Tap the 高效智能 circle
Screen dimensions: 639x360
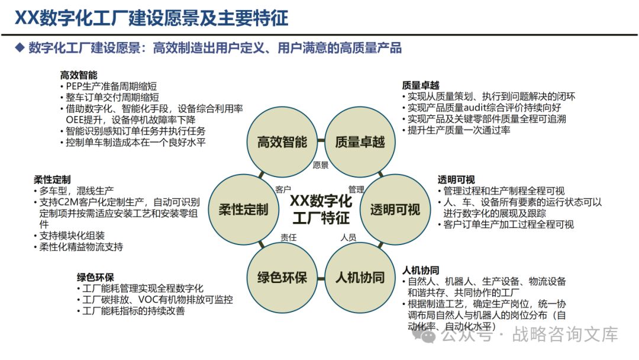(282, 142)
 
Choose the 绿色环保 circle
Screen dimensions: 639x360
(282, 277)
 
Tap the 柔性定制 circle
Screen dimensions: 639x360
(243, 210)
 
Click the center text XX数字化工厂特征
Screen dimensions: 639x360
(320, 210)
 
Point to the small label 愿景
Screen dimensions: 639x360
(320, 166)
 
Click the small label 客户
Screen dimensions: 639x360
(283, 189)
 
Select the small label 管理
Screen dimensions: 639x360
(356, 189)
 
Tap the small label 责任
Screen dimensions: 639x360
(288, 237)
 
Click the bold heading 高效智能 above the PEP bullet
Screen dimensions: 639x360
(79, 75)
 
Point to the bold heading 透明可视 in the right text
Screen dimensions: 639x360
(456, 179)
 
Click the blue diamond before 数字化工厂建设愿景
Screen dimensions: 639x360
(20, 47)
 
